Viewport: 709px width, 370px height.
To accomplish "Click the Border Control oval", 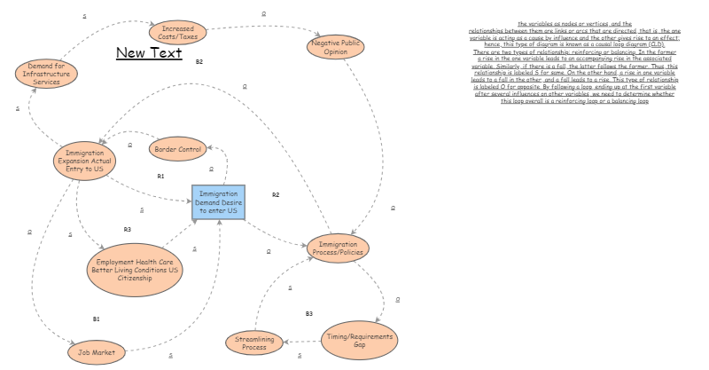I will tap(177, 149).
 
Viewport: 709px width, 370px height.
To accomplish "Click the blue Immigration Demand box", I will tap(218, 203).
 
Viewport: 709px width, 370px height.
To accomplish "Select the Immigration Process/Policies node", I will tap(338, 248).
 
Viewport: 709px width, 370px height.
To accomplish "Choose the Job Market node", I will tap(97, 352).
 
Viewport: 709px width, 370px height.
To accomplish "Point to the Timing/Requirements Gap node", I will tap(359, 340).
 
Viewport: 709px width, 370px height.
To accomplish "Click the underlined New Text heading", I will tap(149, 54).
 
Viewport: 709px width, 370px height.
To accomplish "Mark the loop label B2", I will tap(199, 61).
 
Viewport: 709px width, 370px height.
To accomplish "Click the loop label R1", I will tap(160, 176).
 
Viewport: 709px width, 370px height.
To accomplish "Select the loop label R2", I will tap(276, 194).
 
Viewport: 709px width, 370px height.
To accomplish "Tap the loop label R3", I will tap(128, 229).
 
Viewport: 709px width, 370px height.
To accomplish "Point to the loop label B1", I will tap(97, 318).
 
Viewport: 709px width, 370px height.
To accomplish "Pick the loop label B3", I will tap(309, 314).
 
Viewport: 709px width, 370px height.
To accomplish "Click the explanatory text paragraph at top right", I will tap(572, 62).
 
